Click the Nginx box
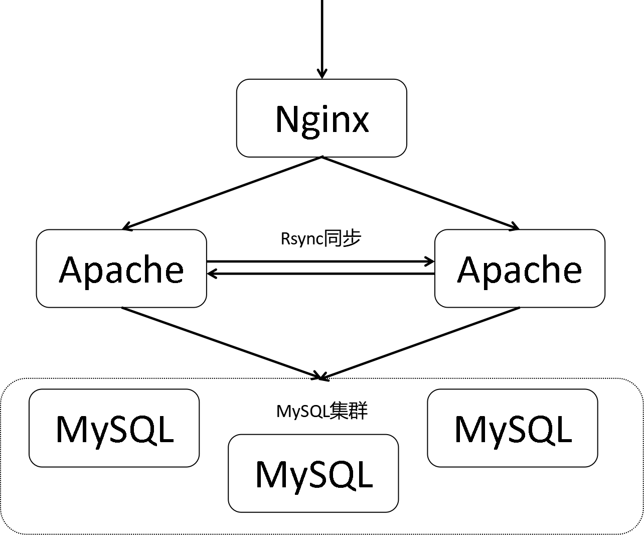[321, 118]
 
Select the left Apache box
[121, 269]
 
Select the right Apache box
[520, 269]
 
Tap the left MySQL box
[114, 428]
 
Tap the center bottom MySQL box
[313, 473]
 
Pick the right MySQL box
[513, 428]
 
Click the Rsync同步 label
[320, 239]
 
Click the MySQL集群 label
[321, 411]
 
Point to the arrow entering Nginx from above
[321, 35]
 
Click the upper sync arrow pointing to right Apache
[321, 261]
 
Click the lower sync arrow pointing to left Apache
[321, 274]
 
